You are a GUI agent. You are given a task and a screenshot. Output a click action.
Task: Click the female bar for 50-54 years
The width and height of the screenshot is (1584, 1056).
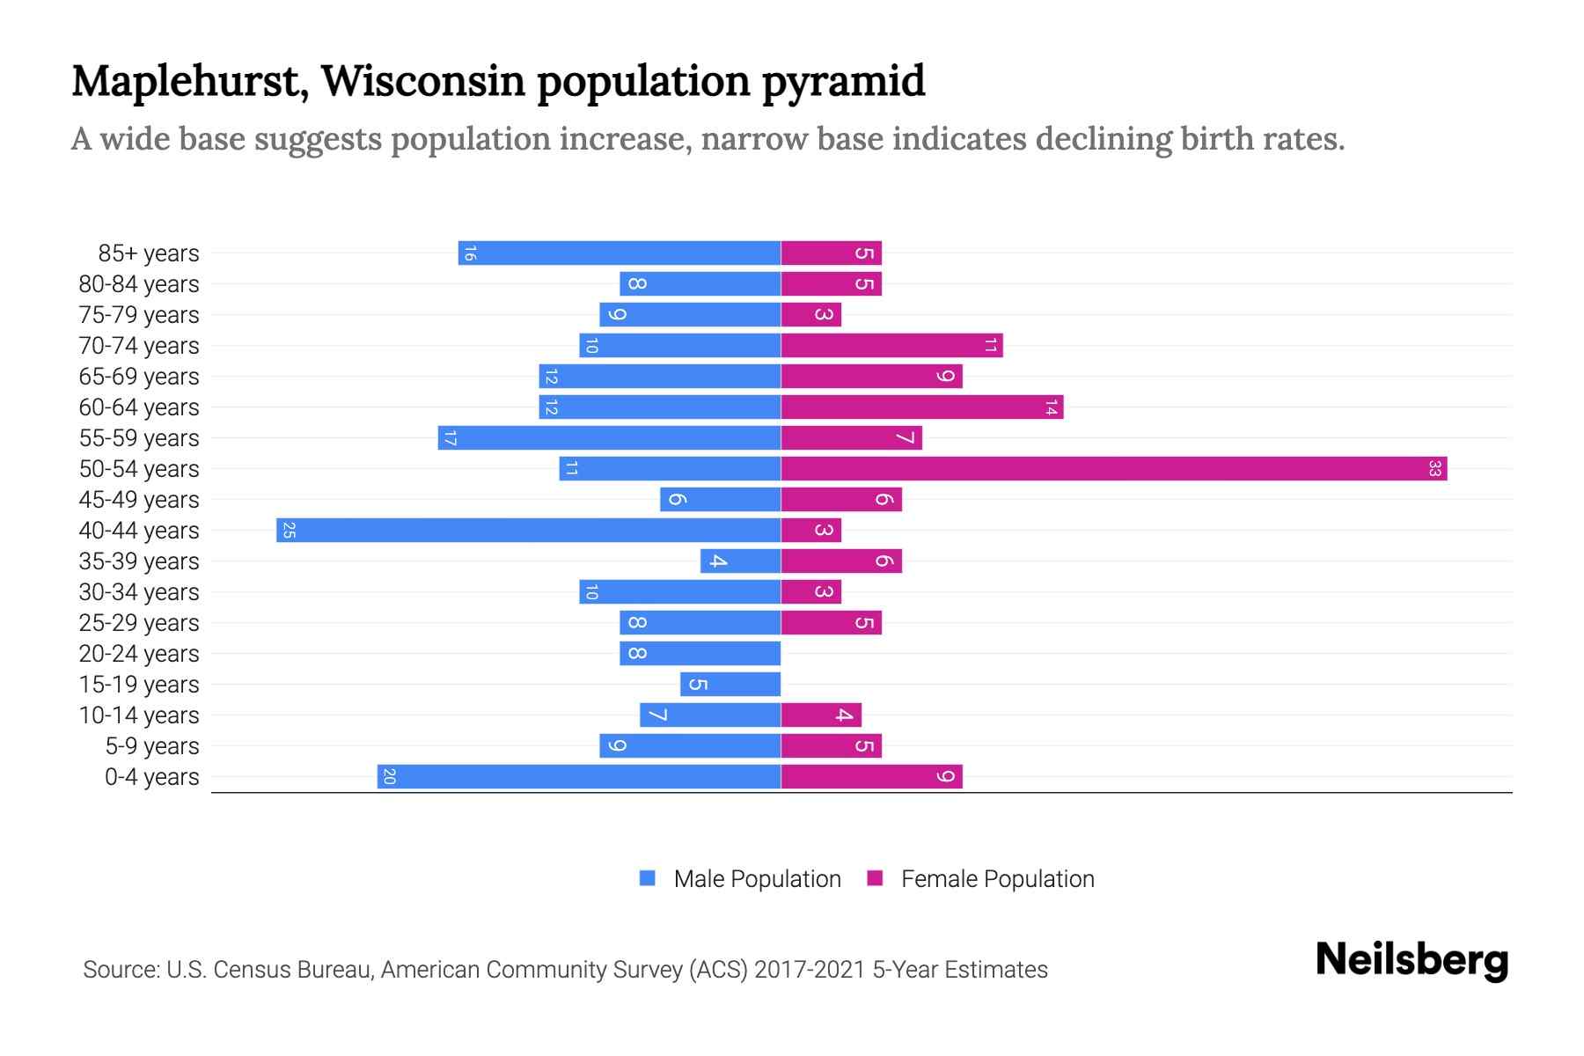tap(1113, 469)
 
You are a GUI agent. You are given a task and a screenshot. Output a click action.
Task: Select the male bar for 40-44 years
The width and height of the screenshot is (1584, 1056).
tap(528, 531)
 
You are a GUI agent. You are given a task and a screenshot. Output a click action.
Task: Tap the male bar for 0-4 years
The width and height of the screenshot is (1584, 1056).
tap(579, 777)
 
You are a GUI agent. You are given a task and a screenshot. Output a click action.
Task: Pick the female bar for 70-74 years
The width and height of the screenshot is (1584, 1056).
tap(891, 346)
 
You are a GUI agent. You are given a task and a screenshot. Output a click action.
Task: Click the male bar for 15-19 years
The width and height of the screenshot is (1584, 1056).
tap(730, 685)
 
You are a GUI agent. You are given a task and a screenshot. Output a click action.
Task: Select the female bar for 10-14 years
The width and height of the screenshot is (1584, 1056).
tap(820, 715)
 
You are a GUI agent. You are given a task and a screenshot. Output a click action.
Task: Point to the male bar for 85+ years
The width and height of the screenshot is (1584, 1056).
tap(620, 253)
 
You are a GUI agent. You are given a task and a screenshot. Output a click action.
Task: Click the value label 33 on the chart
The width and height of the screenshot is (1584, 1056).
tap(1434, 469)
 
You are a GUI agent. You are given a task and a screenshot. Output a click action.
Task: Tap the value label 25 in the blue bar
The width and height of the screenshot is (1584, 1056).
tap(289, 531)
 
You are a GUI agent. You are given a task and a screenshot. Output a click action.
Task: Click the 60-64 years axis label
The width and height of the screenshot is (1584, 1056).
tap(139, 407)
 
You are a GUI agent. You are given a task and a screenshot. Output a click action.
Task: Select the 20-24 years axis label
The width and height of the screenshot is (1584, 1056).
tap(139, 654)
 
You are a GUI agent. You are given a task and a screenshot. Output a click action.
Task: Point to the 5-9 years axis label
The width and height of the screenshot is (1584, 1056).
tap(152, 746)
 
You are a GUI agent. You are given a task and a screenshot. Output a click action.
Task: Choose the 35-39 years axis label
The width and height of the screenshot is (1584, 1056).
tap(139, 561)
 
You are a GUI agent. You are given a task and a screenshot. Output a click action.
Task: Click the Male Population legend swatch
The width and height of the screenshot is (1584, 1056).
tap(648, 878)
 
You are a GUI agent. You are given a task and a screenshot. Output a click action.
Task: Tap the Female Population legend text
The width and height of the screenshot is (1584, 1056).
tap(997, 879)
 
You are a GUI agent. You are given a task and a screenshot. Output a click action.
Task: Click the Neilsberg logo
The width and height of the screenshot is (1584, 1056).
tap(1412, 960)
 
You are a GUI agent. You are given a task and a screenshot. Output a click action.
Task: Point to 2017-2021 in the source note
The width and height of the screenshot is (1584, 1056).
tap(810, 970)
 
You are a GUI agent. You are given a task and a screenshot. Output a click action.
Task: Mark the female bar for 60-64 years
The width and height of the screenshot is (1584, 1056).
tap(921, 407)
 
